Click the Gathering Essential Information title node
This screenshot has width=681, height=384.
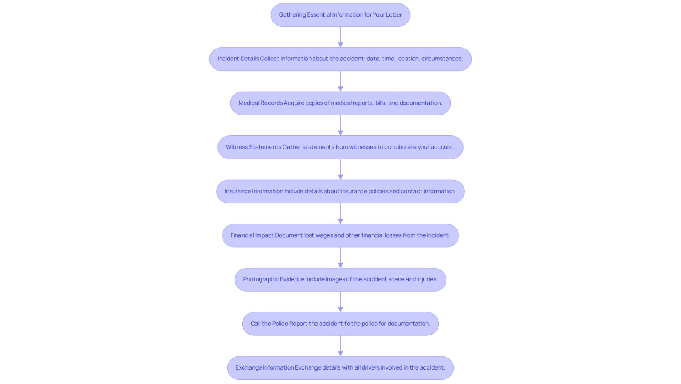click(340, 15)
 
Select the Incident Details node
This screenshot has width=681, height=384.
click(340, 59)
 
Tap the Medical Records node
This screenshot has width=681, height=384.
click(340, 103)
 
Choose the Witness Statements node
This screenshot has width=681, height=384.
click(340, 147)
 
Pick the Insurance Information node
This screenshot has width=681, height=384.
click(340, 191)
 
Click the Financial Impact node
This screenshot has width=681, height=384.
click(340, 235)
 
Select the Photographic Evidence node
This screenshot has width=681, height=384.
click(340, 279)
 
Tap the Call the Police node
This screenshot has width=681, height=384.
click(340, 324)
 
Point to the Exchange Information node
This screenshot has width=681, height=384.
click(340, 367)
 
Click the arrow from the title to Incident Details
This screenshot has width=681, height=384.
click(340, 37)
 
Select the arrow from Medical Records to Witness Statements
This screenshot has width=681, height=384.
click(340, 125)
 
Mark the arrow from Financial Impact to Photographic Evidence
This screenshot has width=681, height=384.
click(340, 258)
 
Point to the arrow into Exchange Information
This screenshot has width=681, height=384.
click(340, 346)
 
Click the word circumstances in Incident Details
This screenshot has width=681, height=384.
click(442, 59)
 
